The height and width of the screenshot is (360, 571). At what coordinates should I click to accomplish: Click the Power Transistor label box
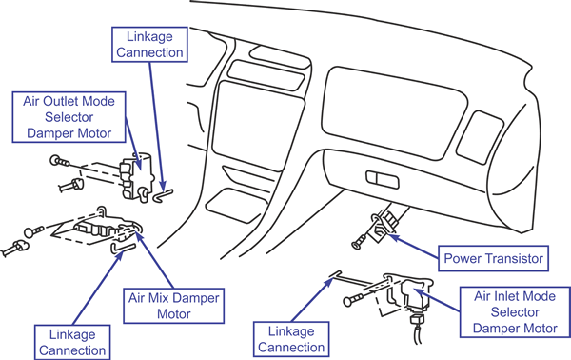click(x=493, y=258)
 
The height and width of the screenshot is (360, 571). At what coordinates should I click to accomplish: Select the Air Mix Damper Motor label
click(x=174, y=306)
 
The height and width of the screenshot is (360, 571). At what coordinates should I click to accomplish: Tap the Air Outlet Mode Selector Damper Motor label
click(x=69, y=117)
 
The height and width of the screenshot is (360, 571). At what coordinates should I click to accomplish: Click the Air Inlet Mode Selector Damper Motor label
click(x=515, y=311)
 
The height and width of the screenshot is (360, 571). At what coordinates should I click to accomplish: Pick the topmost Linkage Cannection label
click(x=149, y=44)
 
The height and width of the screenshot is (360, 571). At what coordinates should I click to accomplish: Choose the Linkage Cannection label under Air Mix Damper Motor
click(x=72, y=342)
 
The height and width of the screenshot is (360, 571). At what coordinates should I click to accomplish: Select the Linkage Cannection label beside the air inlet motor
click(x=291, y=339)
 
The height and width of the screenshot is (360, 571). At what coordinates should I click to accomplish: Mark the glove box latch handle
click(x=382, y=180)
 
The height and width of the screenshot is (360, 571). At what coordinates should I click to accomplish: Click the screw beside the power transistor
click(x=360, y=242)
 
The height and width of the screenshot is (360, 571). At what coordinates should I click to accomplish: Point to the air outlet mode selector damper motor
click(x=136, y=176)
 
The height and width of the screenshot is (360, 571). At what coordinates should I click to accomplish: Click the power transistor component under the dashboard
click(x=384, y=225)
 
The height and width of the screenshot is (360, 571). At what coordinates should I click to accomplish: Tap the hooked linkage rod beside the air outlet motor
click(x=163, y=195)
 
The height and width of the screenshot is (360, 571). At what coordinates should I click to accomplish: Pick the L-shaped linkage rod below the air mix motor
click(x=123, y=248)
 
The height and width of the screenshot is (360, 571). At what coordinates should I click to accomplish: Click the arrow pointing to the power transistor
click(x=413, y=248)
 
